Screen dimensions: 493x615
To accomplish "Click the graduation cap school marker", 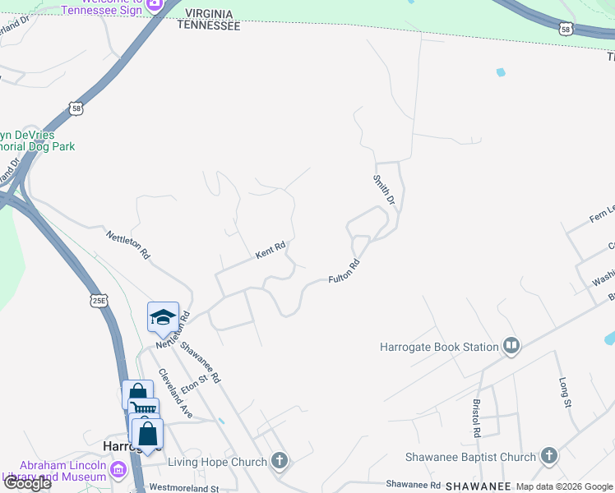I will point(163,317).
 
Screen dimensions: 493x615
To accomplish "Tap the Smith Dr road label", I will point(385,189).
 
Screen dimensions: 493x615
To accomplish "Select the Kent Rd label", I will point(270,250).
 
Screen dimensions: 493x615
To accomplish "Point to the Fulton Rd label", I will point(344,273).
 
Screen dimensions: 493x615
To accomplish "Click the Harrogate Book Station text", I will point(439,347).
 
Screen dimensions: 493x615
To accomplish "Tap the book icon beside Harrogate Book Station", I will point(511,346).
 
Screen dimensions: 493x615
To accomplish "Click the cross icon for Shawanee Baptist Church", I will point(548,456).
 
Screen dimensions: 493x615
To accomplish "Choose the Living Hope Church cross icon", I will point(280,461).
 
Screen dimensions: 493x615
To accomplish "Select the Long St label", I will point(564,393).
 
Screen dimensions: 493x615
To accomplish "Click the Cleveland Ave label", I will point(177,393).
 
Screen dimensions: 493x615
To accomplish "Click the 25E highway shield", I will point(99,301).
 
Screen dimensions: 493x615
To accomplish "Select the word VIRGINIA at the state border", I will point(210,15).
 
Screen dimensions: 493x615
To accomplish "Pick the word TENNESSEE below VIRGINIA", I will point(210,26).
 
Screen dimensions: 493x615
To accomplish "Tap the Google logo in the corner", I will point(26,483).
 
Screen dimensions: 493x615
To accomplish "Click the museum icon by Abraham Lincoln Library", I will point(118,470).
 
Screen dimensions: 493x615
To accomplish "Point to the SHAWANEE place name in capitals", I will point(478,486).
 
